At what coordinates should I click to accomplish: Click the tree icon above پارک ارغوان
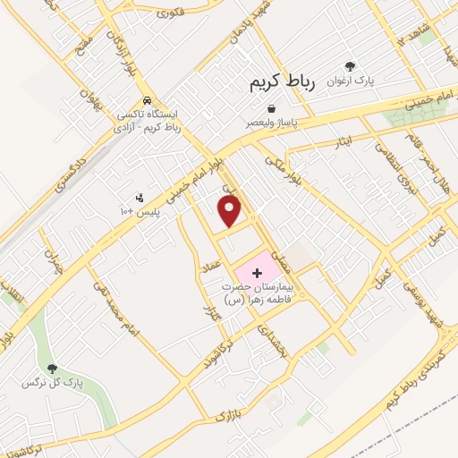[x=350, y=66]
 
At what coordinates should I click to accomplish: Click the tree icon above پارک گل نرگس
[x=52, y=368]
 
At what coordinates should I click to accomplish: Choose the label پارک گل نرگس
[x=52, y=383]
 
